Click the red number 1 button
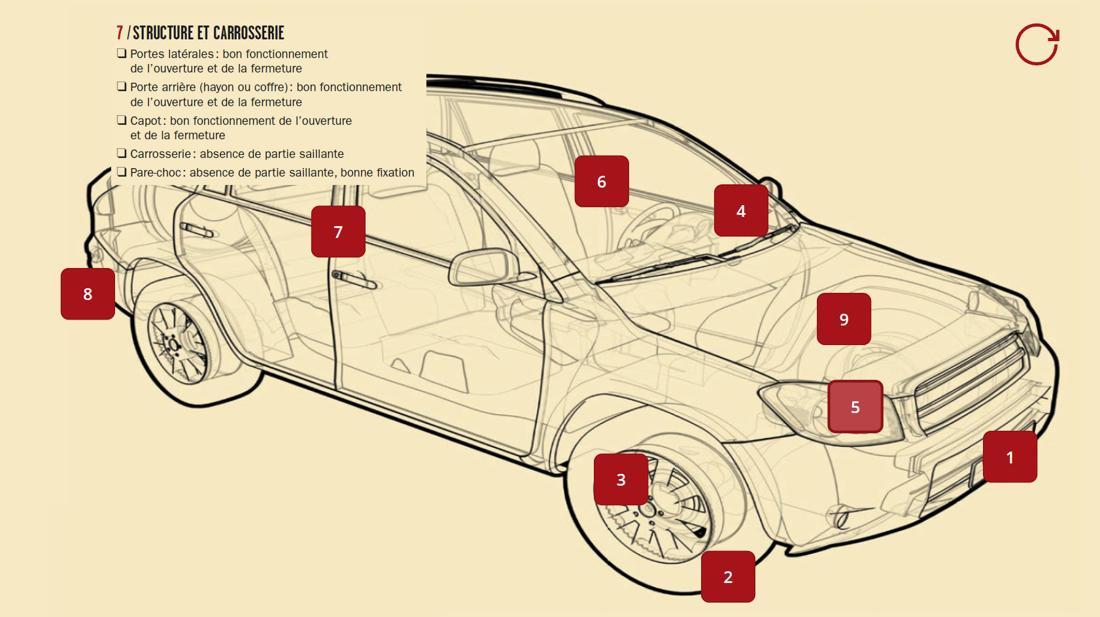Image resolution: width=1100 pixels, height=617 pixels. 1010,457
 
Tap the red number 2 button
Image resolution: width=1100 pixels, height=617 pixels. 728,576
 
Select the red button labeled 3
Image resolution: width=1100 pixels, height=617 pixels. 621,479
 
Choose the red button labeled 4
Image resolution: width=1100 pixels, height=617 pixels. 741,210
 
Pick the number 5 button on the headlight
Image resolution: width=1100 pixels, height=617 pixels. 855,407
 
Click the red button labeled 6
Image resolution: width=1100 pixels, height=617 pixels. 602,181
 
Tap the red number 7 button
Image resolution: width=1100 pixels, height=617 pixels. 338,231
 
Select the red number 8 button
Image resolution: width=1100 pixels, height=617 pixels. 88,293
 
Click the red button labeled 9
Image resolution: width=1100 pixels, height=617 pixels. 844,319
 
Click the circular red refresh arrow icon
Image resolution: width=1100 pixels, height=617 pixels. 1037,44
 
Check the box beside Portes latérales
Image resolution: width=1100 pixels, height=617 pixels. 122,53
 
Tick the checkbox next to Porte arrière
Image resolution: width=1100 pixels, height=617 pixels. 122,86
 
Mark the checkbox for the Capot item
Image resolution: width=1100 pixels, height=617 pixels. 122,120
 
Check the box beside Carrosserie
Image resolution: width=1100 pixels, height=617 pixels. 122,153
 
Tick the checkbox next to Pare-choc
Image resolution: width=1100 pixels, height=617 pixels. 122,172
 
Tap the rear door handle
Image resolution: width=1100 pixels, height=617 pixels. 197,229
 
